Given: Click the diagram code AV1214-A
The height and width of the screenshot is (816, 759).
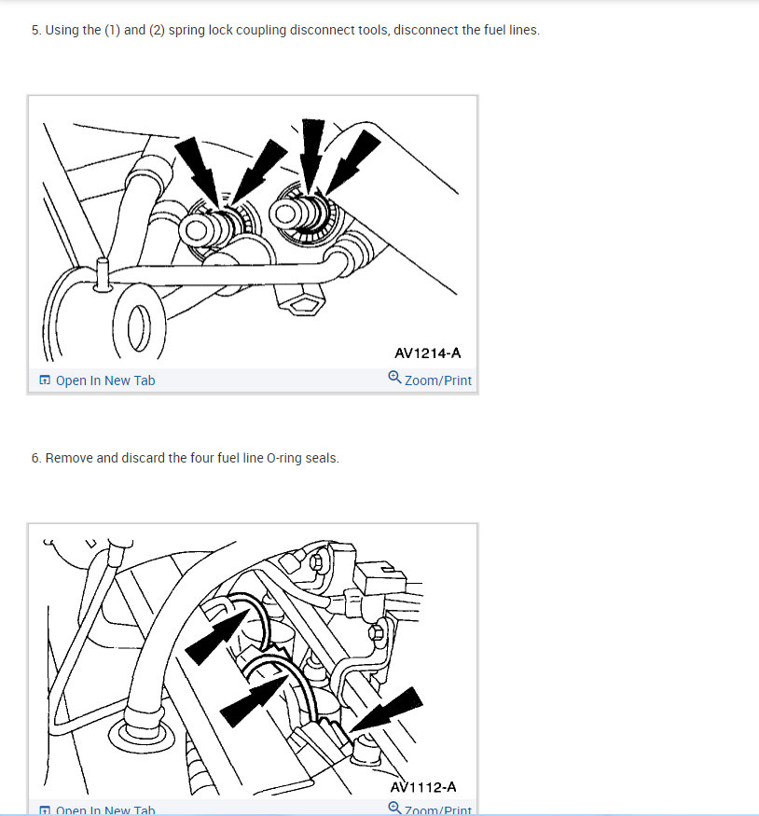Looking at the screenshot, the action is pos(428,353).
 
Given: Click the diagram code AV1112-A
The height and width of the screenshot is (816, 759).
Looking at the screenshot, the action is pos(423,787).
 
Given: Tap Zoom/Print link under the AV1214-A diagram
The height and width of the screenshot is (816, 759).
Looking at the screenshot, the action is pos(438,380).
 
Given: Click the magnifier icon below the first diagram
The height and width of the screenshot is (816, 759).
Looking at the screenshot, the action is pos(394,377).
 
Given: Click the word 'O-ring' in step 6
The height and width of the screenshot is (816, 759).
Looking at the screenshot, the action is pos(284,458).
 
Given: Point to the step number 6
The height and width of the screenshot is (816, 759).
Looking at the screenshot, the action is pos(35,458).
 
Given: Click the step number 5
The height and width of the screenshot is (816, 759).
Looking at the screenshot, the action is pos(35,30).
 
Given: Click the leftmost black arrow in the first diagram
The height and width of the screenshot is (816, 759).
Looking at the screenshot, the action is pos(198,171).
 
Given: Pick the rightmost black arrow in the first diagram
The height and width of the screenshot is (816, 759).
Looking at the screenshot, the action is pos(352,162).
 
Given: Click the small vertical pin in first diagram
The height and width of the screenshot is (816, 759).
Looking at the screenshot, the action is pos(103,274).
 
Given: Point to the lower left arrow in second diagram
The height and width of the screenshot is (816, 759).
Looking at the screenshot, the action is pos(254,700).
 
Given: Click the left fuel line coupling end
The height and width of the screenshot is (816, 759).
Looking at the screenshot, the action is pos(197,229).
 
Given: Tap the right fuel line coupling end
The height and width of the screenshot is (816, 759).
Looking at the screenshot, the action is pos(286,214).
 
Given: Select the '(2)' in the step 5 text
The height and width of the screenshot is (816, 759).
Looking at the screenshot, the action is pos(157,30).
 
